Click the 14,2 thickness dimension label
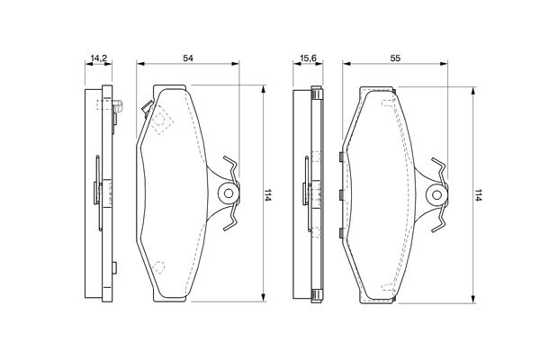coord(98,58)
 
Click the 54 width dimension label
coord(188,58)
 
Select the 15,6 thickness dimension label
coord(308,58)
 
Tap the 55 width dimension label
coord(395,58)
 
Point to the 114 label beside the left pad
coord(267,194)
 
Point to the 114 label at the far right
coord(477,194)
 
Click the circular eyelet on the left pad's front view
coord(229,193)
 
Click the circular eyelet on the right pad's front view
coord(436,195)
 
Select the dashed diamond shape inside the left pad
coord(163,120)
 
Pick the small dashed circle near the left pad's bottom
coord(159,266)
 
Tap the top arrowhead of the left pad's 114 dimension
coord(264,89)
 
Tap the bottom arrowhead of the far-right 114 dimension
coord(473,299)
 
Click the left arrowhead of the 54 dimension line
coord(140,63)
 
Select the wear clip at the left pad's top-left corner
coord(147,108)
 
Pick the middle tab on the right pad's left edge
coord(341,195)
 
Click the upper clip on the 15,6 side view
coord(317,93)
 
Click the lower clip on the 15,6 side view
coord(317,295)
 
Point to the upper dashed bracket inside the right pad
coord(389,102)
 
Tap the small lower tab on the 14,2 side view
coord(114,267)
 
